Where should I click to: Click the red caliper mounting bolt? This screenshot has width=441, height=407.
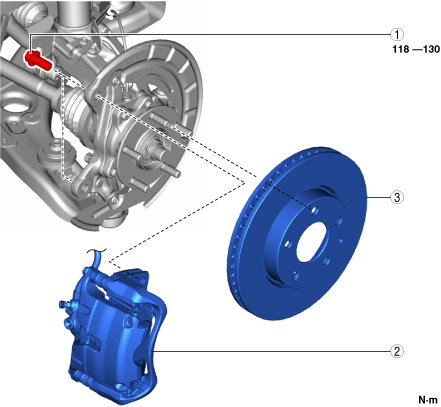coord(38,60)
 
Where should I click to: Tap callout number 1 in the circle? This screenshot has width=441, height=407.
coord(397,34)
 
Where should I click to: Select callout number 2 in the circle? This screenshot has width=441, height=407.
coord(397,351)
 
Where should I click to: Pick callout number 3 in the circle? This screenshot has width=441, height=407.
coord(397,197)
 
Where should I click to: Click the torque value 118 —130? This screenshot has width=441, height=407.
coord(416,49)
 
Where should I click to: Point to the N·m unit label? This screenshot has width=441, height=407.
coord(428,399)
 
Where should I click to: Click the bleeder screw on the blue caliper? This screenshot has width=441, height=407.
coord(63,304)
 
